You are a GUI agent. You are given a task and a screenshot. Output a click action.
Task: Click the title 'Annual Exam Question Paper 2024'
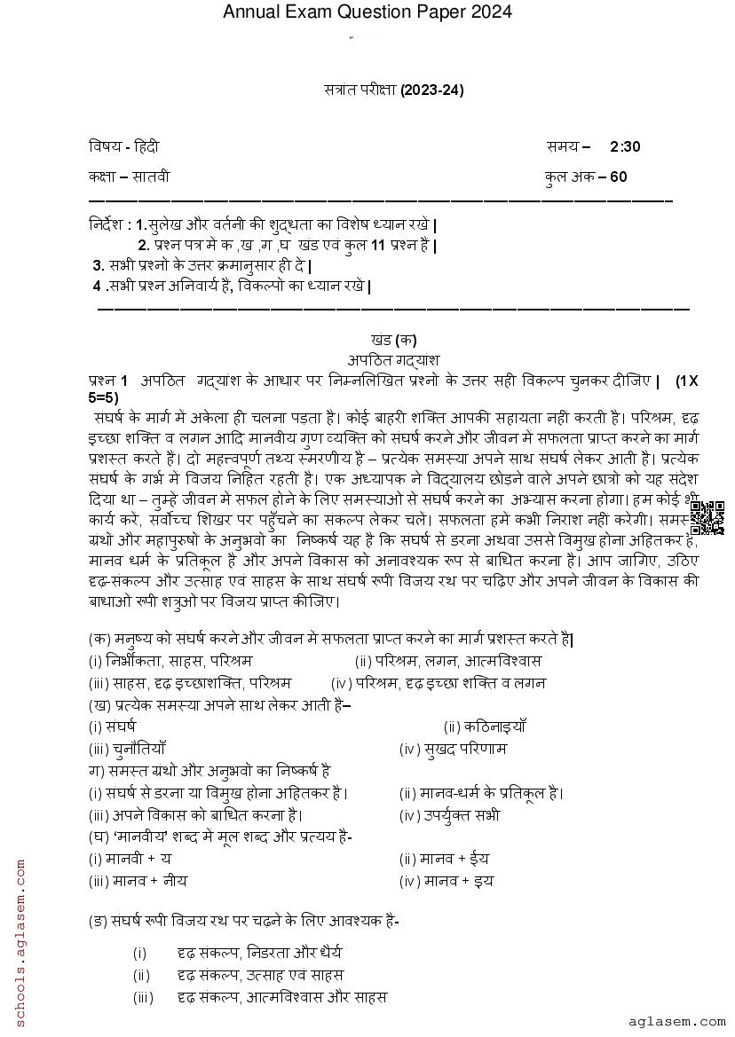(x=367, y=12)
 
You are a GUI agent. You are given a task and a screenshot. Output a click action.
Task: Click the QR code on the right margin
(x=707, y=518)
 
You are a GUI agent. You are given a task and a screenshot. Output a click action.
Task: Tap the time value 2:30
(x=625, y=146)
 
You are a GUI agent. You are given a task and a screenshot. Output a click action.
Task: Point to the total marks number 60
(x=618, y=177)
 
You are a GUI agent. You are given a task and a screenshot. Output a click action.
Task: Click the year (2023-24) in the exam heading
(x=432, y=90)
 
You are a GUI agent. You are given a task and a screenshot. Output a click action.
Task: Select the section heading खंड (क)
(x=393, y=340)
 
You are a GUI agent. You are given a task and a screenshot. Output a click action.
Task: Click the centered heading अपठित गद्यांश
(x=394, y=358)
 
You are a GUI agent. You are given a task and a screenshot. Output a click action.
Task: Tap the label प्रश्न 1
(x=109, y=381)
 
